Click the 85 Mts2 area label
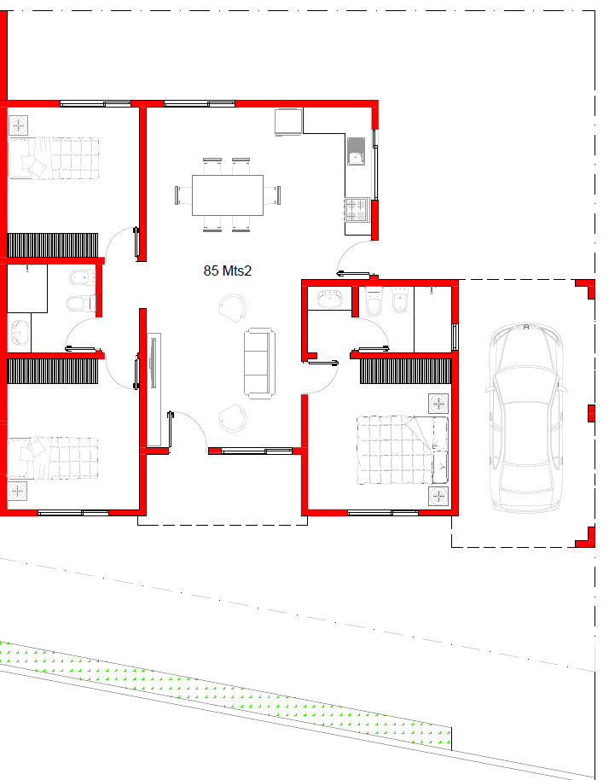click(x=227, y=271)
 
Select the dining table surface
click(x=228, y=195)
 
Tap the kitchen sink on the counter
click(x=356, y=151)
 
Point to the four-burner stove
click(x=357, y=210)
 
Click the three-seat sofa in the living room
click(x=259, y=364)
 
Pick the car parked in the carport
click(x=526, y=418)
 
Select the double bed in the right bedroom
click(x=403, y=451)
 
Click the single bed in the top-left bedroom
click(x=54, y=158)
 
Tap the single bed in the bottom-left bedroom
click(x=53, y=458)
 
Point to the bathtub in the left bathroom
click(x=20, y=333)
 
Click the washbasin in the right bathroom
click(x=329, y=299)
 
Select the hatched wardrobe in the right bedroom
click(x=405, y=371)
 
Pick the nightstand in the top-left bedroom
click(x=19, y=125)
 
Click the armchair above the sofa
click(x=233, y=308)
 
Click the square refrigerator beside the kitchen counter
click(x=288, y=122)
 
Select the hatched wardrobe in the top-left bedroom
click(x=53, y=245)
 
